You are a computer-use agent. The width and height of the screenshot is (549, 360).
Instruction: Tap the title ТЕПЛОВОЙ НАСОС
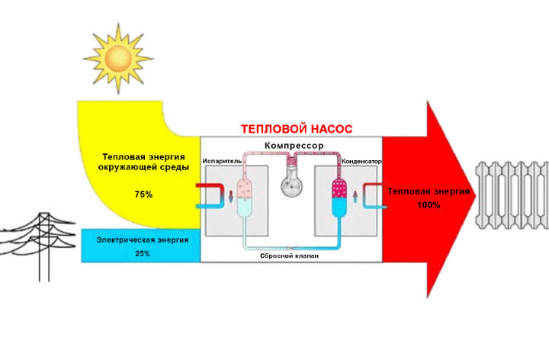tap(291, 130)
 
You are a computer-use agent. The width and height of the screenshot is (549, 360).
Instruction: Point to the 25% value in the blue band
tap(143, 252)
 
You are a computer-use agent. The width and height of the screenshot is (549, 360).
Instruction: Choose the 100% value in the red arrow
tap(429, 206)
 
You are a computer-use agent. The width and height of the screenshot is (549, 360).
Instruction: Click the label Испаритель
tap(223, 162)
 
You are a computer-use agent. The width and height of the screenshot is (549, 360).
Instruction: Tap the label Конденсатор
tap(361, 162)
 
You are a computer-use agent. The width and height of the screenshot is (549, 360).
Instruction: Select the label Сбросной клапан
tap(291, 257)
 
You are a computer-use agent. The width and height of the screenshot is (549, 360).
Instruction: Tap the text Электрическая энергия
tap(143, 239)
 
